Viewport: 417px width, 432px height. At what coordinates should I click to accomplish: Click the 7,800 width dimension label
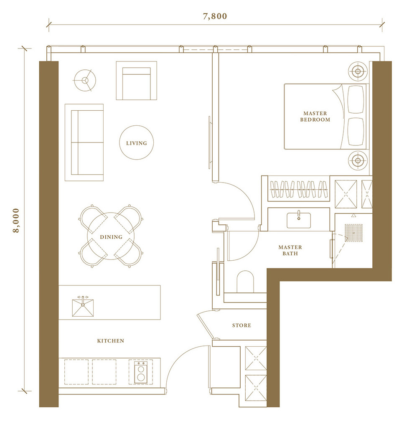coord(215,16)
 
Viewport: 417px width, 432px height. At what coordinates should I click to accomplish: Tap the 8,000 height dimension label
coord(16,221)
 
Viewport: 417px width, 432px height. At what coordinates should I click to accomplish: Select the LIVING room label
coord(137,143)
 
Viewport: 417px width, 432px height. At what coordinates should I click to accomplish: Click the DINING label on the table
coord(111,237)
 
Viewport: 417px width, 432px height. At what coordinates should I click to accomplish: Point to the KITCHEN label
coord(111,341)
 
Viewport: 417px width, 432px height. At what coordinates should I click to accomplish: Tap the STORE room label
coord(242,325)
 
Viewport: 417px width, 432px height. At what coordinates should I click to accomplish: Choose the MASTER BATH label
coord(290,250)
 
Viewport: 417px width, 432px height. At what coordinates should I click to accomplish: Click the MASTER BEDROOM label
coord(315,117)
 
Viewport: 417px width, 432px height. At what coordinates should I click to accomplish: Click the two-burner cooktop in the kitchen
coord(141,372)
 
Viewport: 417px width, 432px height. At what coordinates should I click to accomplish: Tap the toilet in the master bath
coord(245,282)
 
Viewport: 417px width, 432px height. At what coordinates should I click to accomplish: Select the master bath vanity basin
coord(299,220)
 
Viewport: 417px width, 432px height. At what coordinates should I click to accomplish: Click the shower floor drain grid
coord(353,233)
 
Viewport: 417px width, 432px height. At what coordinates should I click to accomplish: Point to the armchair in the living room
coord(137,81)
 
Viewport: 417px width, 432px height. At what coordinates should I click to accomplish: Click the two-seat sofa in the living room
coord(84,142)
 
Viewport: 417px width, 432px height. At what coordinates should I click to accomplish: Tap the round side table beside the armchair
coord(85,81)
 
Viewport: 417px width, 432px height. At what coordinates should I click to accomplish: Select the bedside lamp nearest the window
coord(358,71)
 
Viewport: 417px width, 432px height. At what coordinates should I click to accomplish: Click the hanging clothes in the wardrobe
coord(299,189)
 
